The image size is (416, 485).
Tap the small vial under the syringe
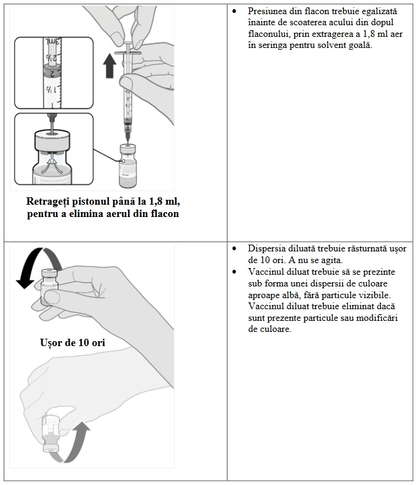coord(127,162)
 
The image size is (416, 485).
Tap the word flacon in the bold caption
coord(162,214)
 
